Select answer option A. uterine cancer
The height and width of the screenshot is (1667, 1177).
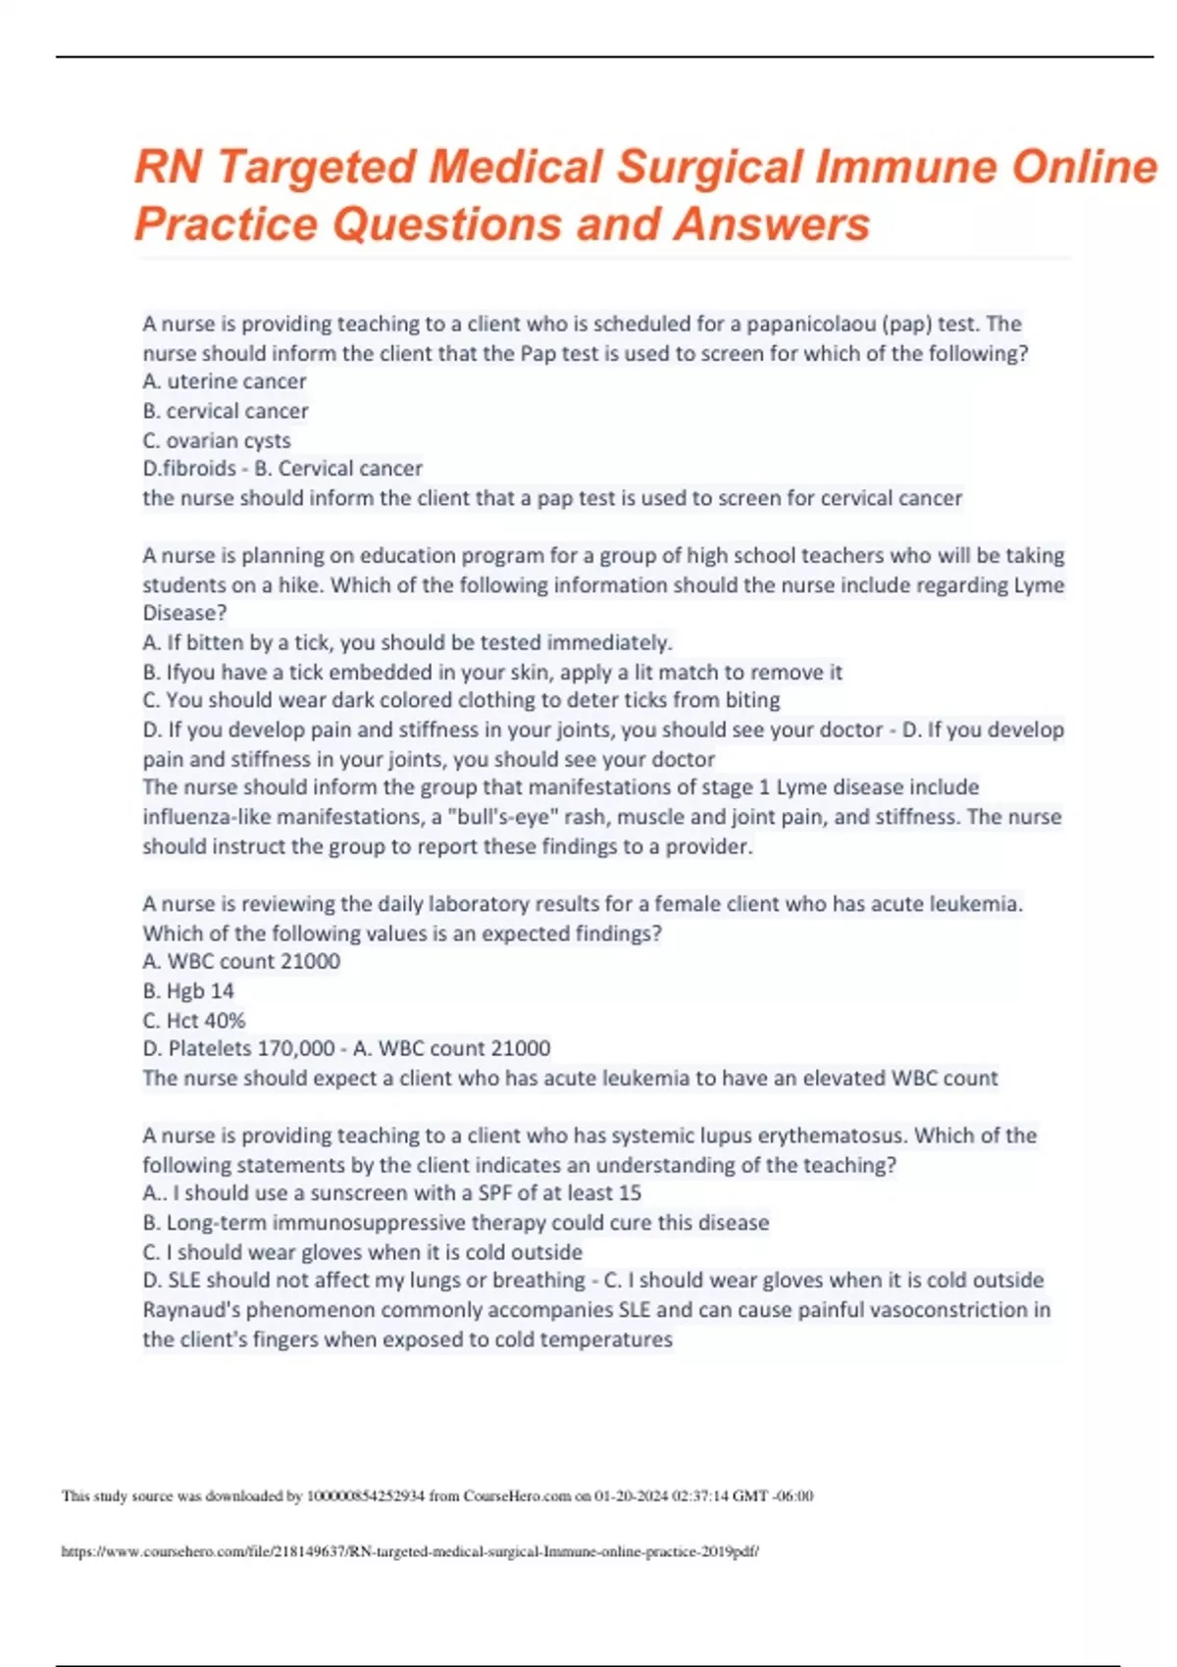[x=225, y=381]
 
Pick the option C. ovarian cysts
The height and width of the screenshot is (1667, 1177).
[x=217, y=440]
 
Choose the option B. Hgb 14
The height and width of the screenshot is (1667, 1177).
[x=188, y=990]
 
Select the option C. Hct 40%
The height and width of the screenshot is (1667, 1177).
[x=194, y=1020]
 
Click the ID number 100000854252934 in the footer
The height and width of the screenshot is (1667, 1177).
[x=365, y=1495]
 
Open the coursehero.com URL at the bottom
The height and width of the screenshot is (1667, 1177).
[x=410, y=1551]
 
